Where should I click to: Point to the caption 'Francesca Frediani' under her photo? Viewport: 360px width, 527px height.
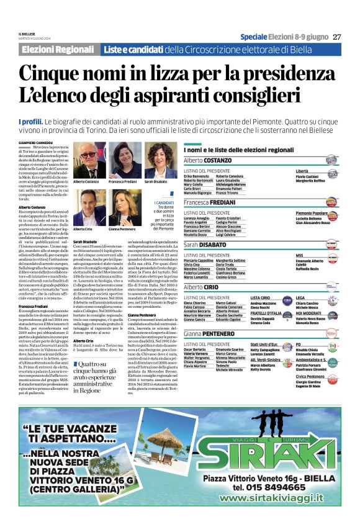pos(122,181)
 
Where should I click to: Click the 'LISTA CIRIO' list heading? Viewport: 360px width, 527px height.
pos(261,298)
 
